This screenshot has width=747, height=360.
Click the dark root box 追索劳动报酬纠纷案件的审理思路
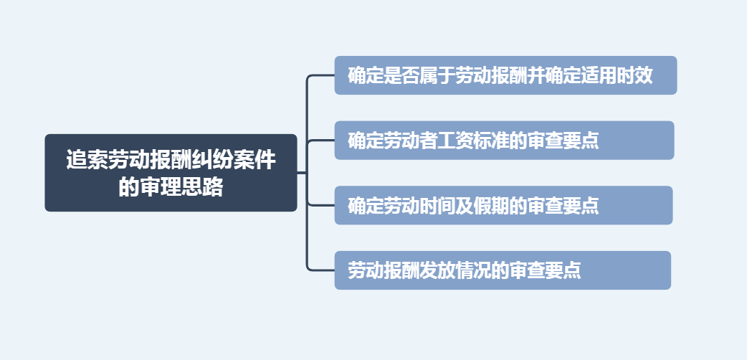[x=171, y=173]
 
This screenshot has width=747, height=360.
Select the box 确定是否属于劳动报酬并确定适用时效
[x=505, y=75]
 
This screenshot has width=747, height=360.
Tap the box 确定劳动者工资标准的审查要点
[x=504, y=141]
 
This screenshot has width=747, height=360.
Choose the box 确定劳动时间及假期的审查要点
[x=503, y=206]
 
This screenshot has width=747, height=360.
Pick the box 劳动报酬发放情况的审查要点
[x=503, y=270]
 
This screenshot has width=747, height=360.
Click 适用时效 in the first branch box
[x=617, y=76]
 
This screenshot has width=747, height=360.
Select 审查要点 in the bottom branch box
[x=545, y=271]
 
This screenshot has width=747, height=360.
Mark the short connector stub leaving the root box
[x=302, y=173]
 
